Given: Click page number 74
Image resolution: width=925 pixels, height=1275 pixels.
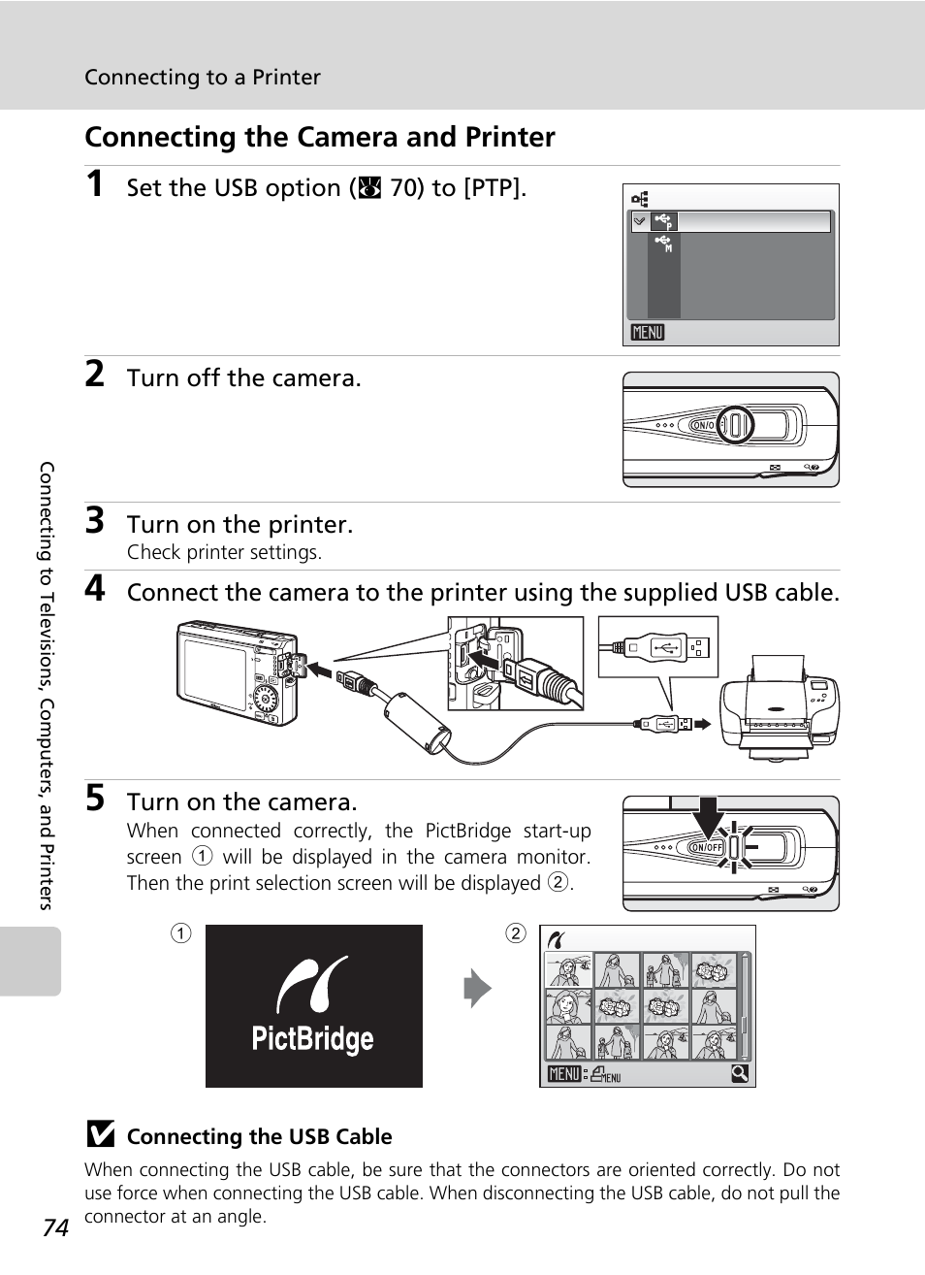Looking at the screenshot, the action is click(55, 1227).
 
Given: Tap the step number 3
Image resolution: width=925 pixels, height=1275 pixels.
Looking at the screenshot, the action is click(95, 520).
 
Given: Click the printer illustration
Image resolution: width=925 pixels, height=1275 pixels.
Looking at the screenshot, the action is click(780, 707).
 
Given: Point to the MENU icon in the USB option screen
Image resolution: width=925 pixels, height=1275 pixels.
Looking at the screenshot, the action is click(648, 332).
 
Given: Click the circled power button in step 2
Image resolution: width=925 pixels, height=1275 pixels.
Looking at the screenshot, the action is click(735, 425).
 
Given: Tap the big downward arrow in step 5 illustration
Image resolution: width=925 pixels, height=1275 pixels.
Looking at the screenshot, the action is click(709, 817).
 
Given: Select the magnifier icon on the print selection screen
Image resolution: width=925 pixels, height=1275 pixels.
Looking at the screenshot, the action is click(740, 1073).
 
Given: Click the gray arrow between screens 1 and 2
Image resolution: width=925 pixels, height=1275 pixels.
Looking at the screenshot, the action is click(477, 989).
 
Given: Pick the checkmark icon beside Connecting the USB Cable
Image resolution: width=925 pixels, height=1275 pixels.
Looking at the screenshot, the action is click(101, 1133).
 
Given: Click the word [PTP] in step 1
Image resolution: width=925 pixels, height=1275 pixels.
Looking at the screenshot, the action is click(493, 187).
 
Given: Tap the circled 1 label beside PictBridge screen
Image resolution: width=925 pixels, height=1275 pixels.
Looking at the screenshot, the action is click(181, 933).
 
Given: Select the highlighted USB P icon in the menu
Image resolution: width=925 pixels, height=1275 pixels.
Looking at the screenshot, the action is click(664, 221).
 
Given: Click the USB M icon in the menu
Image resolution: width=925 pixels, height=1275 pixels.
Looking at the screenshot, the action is click(664, 244).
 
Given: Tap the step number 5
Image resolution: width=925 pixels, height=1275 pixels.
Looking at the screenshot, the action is click(95, 798).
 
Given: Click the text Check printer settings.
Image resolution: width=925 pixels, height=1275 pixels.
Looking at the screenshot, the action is click(224, 552).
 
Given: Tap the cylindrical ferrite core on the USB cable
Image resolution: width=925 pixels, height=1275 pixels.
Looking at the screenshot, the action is click(417, 724).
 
